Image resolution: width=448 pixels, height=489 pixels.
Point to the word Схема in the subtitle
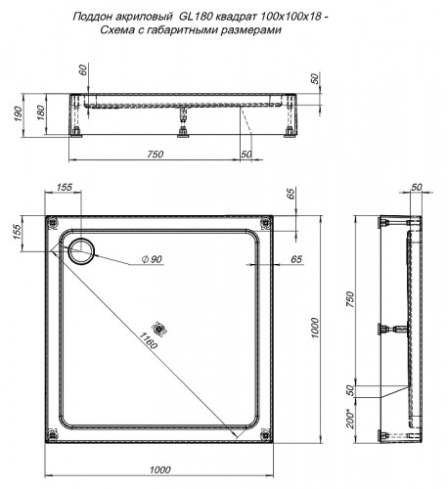(x=120, y=30)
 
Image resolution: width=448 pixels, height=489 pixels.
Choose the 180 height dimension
(x=40, y=112)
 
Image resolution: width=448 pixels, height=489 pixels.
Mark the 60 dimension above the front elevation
(x=82, y=70)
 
